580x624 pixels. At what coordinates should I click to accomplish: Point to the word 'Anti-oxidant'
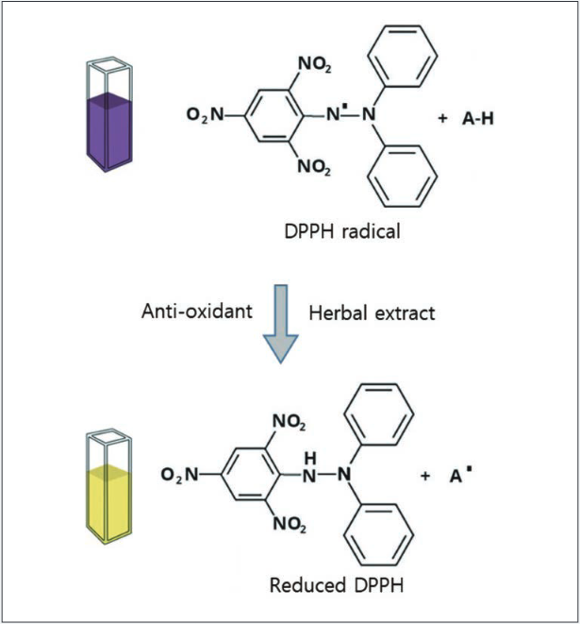point(197,312)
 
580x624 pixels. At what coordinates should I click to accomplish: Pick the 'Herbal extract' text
point(372,312)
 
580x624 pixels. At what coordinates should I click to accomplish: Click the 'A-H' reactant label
point(479,119)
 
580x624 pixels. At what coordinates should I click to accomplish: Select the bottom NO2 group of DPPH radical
point(314,168)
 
